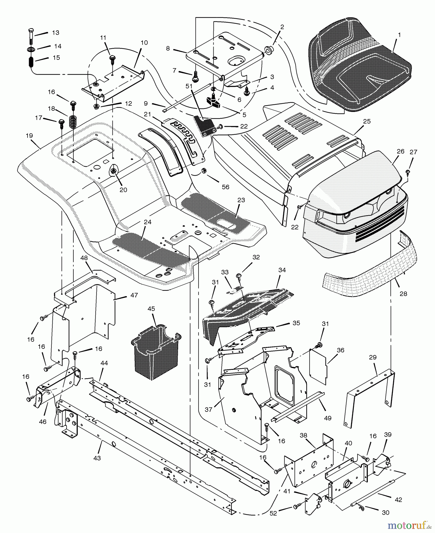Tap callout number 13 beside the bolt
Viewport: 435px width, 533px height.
[56, 33]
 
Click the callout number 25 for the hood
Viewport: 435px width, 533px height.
[367, 121]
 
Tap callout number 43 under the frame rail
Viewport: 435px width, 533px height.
[97, 458]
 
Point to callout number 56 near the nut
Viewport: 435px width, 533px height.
[225, 187]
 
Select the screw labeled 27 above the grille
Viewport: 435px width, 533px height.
[407, 171]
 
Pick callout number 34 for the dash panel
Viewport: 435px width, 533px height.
[282, 270]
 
